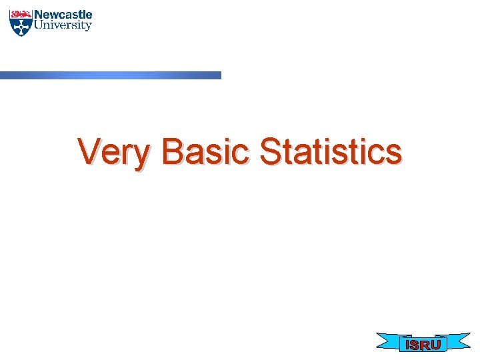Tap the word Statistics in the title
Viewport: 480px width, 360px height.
[x=331, y=152]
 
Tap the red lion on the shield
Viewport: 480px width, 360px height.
[x=21, y=13]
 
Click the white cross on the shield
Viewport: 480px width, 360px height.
[x=21, y=26]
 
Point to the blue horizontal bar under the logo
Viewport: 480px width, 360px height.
[x=110, y=75]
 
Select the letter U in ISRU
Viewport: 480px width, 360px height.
[x=435, y=345]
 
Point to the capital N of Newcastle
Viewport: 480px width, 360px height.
[x=39, y=14]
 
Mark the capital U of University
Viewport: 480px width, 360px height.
[x=39, y=25]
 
